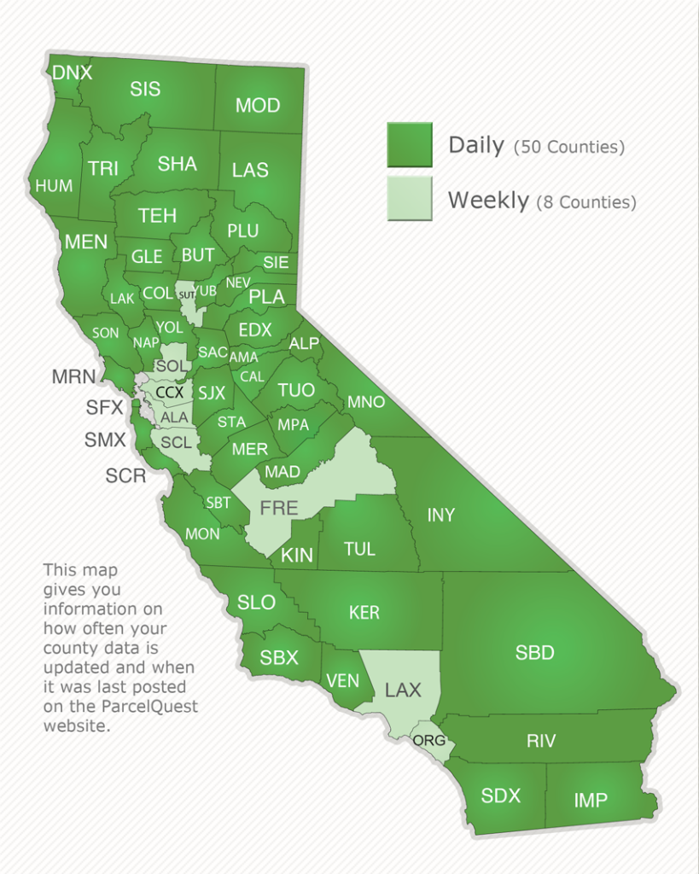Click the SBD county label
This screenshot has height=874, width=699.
pyautogui.click(x=535, y=653)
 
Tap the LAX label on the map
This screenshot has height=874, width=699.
pyautogui.click(x=403, y=690)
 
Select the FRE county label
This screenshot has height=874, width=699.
pyautogui.click(x=279, y=509)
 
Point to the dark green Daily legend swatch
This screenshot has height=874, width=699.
pyautogui.click(x=410, y=144)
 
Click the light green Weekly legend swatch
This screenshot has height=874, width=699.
pyautogui.click(x=410, y=199)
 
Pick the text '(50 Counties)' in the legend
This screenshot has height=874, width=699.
pyautogui.click(x=569, y=148)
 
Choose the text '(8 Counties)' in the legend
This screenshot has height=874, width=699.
pyautogui.click(x=586, y=203)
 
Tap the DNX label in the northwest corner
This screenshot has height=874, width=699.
pyautogui.click(x=72, y=73)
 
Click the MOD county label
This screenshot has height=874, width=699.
pyautogui.click(x=258, y=105)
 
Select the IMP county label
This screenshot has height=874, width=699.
pyautogui.click(x=591, y=800)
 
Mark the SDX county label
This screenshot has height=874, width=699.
pyautogui.click(x=500, y=795)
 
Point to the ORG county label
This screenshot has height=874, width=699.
pyautogui.click(x=429, y=740)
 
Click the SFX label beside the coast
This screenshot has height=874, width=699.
pyautogui.click(x=105, y=407)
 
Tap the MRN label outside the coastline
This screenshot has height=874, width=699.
pyautogui.click(x=73, y=376)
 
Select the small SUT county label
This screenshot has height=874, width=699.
pyautogui.click(x=188, y=295)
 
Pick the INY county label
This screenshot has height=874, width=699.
pyautogui.click(x=440, y=515)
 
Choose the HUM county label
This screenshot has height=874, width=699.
pyautogui.click(x=54, y=185)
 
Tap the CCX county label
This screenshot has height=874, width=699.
pyautogui.click(x=169, y=393)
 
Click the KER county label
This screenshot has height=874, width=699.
pyautogui.click(x=364, y=612)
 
